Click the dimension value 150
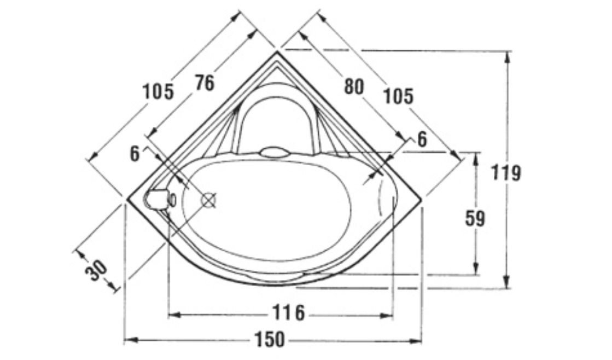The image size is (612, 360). (x=270, y=339)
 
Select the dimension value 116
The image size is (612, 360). (x=288, y=312)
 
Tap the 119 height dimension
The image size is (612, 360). (x=506, y=172)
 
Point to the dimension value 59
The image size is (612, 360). (x=475, y=219)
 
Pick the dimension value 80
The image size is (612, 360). (x=354, y=86)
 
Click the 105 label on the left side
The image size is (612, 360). (x=158, y=92)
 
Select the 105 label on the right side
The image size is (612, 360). (x=398, y=96)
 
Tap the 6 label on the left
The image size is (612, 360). (x=135, y=154)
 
